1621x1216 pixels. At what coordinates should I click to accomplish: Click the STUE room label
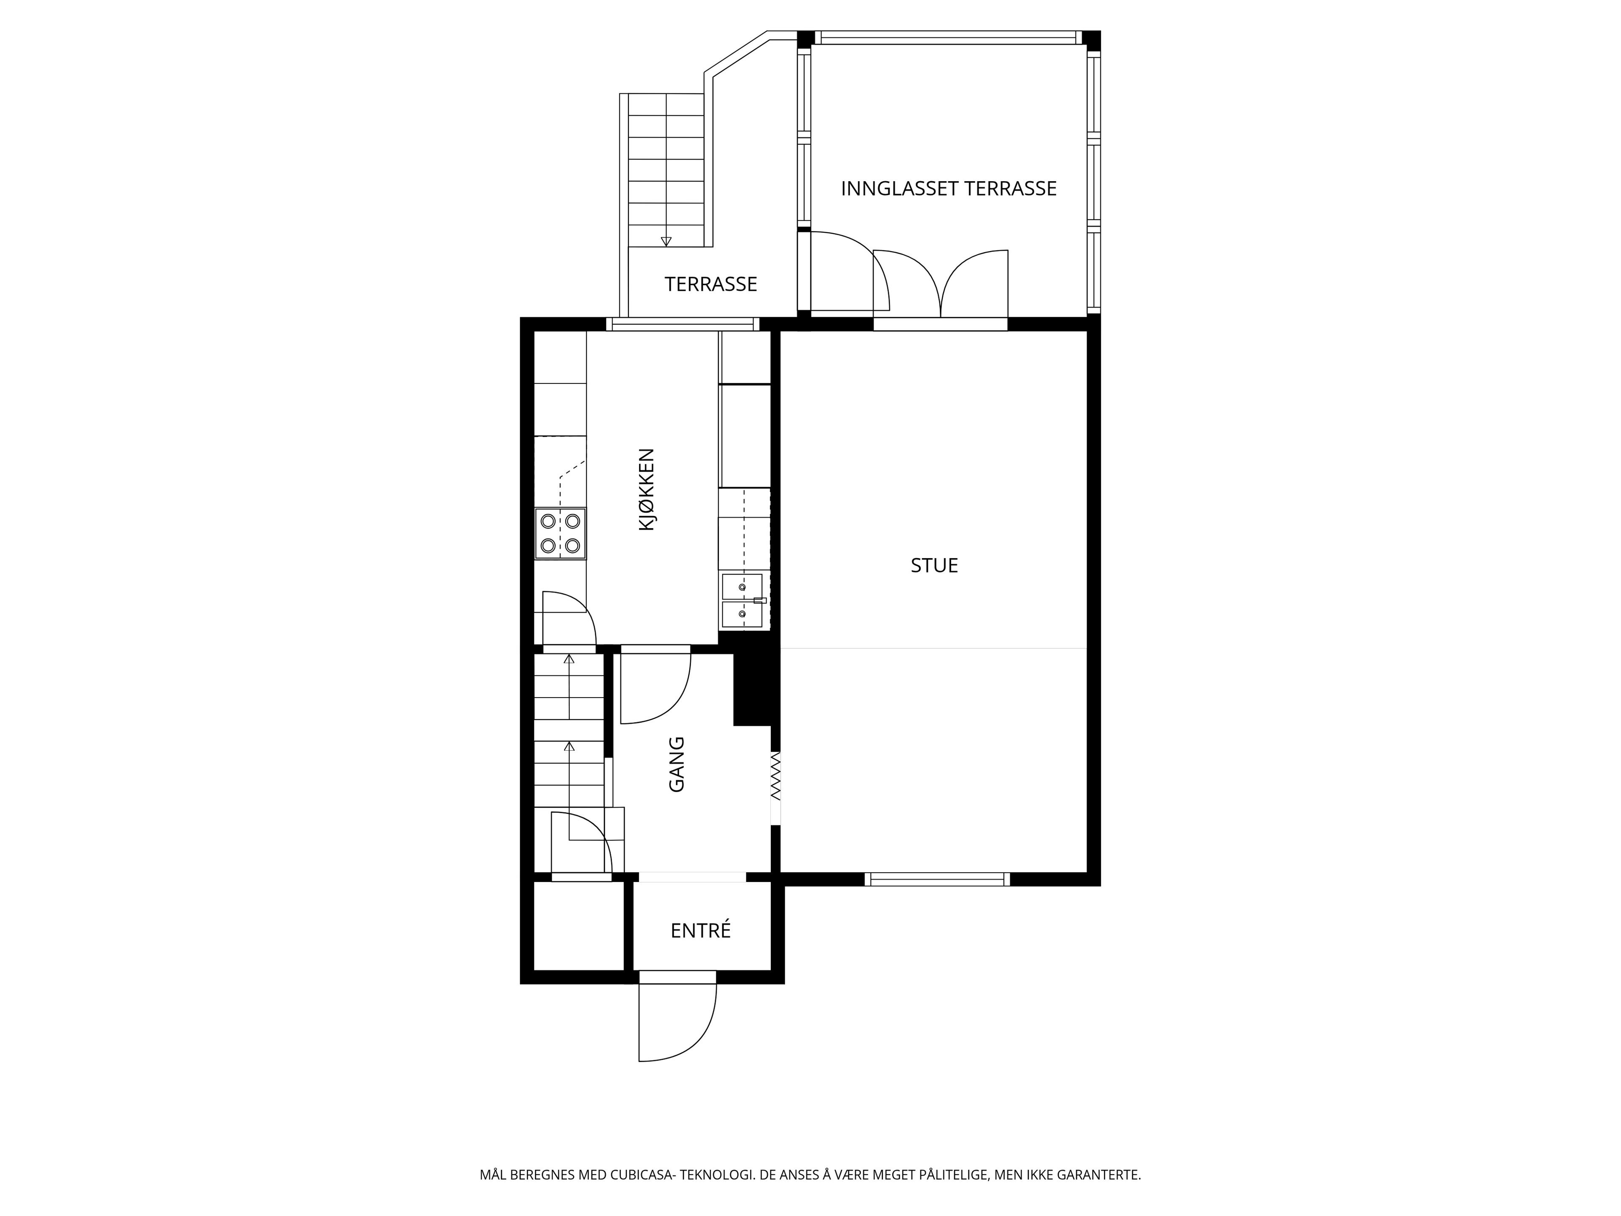(x=934, y=565)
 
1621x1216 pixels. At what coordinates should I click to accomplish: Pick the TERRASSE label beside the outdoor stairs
(x=711, y=284)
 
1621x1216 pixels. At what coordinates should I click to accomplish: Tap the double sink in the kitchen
(x=743, y=602)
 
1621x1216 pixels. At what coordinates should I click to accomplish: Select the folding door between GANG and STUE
(x=775, y=776)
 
